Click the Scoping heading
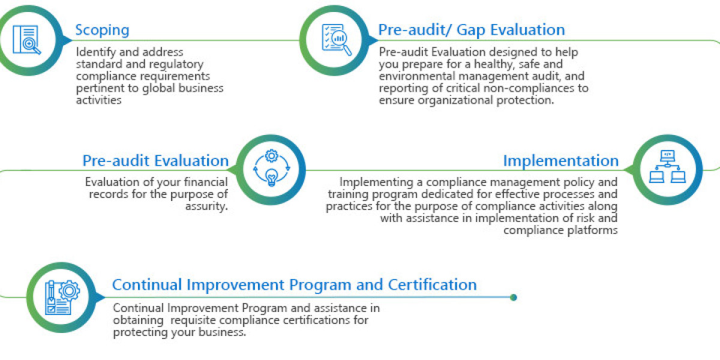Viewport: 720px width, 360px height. [102, 30]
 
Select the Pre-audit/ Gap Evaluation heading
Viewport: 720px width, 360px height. [471, 30]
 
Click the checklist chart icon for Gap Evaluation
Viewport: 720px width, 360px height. [334, 40]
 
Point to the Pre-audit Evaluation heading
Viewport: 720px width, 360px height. [155, 161]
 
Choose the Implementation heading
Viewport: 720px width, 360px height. [560, 161]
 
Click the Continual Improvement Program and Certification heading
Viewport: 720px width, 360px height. [294, 284]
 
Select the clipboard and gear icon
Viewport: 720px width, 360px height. [61, 297]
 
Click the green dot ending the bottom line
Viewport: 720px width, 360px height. [513, 297]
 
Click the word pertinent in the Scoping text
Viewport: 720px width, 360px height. [99, 88]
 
